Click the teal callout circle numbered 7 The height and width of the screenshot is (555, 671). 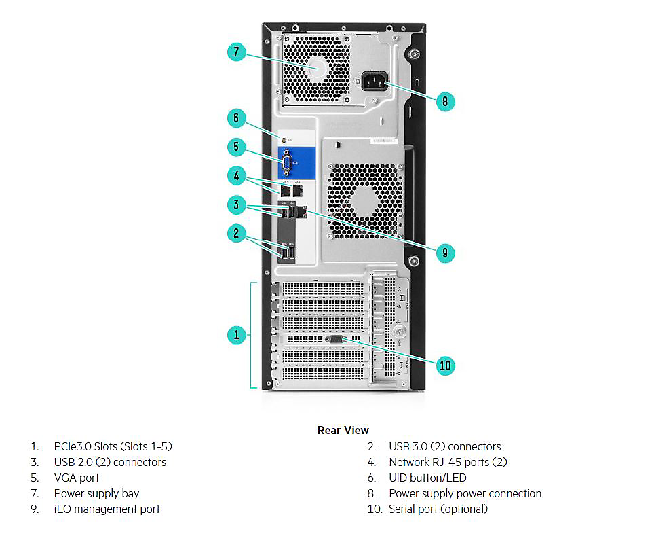236,52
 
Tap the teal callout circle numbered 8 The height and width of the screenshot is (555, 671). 444,102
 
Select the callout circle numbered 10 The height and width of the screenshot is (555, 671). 444,365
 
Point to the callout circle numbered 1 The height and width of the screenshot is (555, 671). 236,334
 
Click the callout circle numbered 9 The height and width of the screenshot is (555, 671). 444,253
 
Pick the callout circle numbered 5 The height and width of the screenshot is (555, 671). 236,146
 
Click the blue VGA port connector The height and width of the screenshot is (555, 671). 286,164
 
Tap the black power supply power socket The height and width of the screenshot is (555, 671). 370,82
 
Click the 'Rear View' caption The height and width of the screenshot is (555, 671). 343,430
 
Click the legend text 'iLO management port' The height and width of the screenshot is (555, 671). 107,509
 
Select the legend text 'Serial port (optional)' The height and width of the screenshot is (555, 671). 438,509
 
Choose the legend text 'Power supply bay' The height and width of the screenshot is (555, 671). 96,493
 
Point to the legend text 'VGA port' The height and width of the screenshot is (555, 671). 77,478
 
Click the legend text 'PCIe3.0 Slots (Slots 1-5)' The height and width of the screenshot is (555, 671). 113,446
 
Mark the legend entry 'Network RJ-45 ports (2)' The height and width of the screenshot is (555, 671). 448,462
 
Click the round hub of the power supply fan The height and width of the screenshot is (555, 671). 318,68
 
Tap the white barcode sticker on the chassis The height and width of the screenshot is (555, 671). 384,141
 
